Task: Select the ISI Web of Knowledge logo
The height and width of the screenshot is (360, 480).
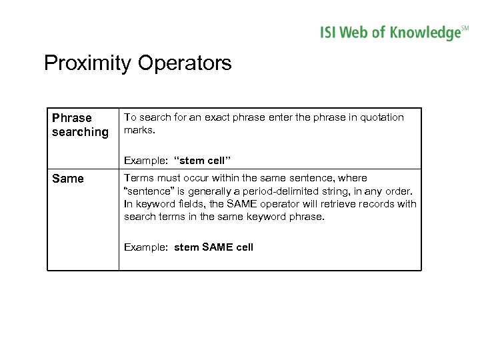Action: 389,32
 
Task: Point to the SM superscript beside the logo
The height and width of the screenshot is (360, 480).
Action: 465,27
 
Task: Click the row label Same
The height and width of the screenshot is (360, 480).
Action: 68,179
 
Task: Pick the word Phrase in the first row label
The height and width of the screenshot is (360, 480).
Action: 72,118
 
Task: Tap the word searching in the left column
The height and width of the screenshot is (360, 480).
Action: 80,132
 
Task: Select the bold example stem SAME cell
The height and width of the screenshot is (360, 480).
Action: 213,247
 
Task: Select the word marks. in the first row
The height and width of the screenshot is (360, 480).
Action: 139,131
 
